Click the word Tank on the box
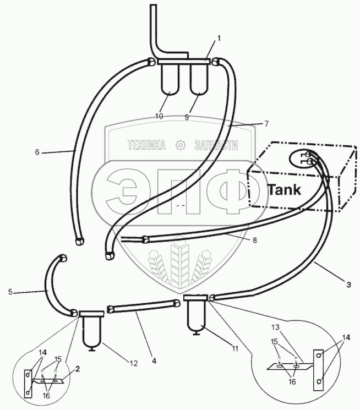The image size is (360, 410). click(x=283, y=190)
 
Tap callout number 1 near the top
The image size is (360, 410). click(x=219, y=38)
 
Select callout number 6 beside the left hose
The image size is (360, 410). click(x=37, y=152)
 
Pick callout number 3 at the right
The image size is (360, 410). click(x=348, y=285)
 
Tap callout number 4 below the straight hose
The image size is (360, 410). click(x=154, y=361)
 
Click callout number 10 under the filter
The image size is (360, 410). click(x=159, y=116)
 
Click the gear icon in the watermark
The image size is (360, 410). click(x=179, y=145)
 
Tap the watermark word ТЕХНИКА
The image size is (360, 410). click(x=147, y=146)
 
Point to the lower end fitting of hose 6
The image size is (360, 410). click(x=79, y=240)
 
